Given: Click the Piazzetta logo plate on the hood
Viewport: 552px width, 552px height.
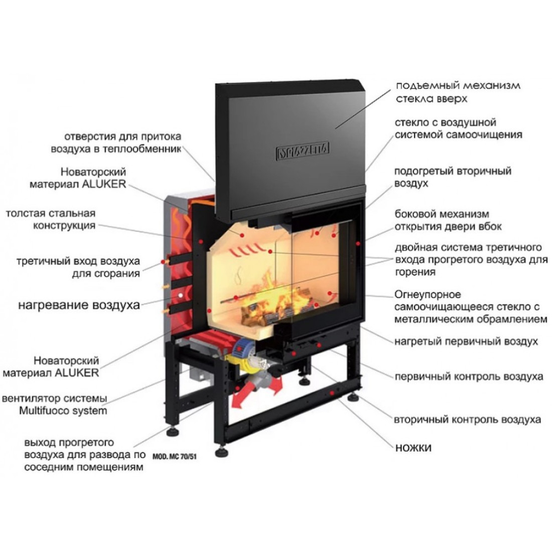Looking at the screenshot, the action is [303, 151].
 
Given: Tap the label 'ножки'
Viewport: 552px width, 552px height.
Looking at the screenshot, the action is [413, 448].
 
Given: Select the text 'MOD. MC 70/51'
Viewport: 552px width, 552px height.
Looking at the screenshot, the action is [174, 457].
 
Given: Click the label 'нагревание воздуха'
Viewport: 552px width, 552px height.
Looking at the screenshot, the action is [79, 305].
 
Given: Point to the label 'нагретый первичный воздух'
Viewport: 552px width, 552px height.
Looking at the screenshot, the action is [466, 341].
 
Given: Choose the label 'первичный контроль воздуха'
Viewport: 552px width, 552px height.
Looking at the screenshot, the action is [469, 376].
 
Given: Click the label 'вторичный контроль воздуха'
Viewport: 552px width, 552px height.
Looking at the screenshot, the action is [468, 420].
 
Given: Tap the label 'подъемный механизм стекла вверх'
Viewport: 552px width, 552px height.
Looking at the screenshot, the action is [458, 92].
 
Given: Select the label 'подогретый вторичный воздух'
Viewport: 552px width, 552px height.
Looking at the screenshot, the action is [452, 177].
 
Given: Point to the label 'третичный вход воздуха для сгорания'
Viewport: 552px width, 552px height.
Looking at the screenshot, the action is [78, 267].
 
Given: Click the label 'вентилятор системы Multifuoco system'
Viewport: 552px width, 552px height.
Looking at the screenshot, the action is [55, 404].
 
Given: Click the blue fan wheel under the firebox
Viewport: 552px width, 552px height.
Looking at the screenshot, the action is [241, 348].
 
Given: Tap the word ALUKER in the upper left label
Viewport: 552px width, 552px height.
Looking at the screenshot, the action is [103, 184].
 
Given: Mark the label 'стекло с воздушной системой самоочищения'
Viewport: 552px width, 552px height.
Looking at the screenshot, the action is [458, 128].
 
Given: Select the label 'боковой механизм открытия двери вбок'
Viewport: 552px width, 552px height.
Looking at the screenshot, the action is [448, 220].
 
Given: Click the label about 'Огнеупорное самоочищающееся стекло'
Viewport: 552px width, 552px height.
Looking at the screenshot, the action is [471, 307].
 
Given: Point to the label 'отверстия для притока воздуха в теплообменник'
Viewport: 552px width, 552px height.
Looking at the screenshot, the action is [116, 143].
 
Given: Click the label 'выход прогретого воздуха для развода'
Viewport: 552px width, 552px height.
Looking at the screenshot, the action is [84, 455].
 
